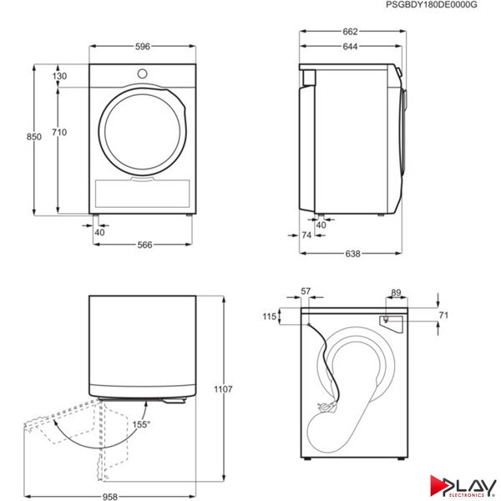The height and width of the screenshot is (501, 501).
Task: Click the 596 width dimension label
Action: click(x=142, y=47)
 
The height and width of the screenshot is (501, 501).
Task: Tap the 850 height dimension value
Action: click(x=34, y=137)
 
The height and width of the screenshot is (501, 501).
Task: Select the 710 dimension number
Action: click(x=59, y=132)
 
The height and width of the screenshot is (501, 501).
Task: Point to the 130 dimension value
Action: click(x=59, y=76)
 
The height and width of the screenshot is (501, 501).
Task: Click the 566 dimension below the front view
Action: click(x=144, y=245)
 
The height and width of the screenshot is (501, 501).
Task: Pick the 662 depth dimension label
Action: click(x=350, y=32)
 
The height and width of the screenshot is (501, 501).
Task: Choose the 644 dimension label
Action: click(x=350, y=47)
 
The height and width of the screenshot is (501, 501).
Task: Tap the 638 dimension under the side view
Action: click(x=352, y=254)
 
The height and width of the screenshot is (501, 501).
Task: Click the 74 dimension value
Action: click(x=306, y=235)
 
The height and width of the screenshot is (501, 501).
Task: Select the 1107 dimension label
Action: click(x=223, y=389)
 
